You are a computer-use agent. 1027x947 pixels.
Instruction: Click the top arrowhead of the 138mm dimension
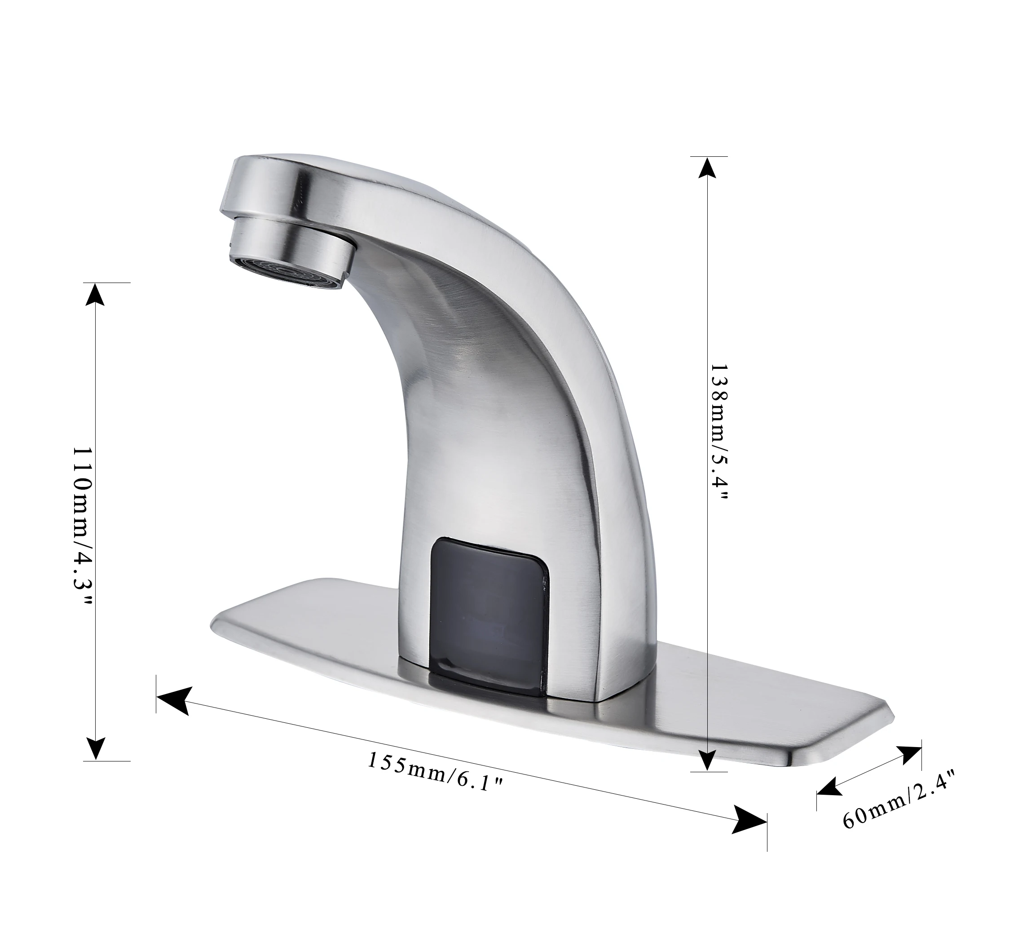tap(707, 168)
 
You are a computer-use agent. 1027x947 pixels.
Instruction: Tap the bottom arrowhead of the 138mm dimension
tap(707, 760)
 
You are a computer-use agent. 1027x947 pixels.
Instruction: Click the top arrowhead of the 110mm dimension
tap(94, 294)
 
